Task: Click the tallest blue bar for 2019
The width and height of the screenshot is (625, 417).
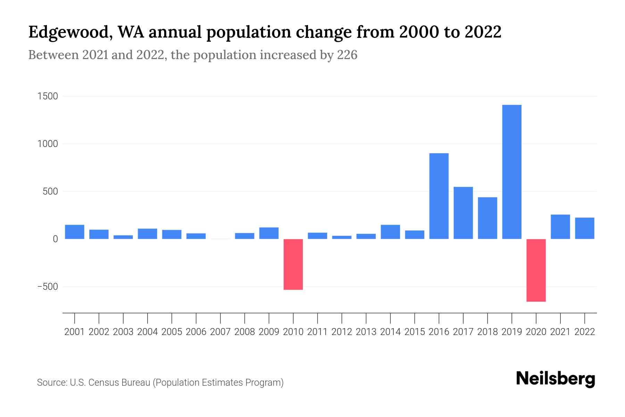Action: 512,172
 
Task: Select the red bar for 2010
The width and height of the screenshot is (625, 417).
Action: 293,264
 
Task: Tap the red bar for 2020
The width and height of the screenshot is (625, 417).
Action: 536,270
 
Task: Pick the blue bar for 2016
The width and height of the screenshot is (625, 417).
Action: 439,196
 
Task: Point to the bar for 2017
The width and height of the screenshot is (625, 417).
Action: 463,213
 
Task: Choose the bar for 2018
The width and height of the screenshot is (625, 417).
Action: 487,218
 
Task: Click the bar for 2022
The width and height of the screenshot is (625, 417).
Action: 585,228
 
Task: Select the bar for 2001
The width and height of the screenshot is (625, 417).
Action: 75,232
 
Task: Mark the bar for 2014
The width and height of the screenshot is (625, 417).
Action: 390,232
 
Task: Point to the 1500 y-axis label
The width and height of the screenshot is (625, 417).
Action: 48,96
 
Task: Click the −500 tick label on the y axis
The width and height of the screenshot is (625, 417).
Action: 48,287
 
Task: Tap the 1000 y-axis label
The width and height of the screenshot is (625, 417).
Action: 48,144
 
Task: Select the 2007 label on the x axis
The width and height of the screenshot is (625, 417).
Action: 220,332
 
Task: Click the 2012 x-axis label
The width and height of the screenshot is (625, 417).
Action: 342,332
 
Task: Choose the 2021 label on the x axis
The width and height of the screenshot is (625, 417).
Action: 560,332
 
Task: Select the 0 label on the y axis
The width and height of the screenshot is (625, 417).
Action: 55,239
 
